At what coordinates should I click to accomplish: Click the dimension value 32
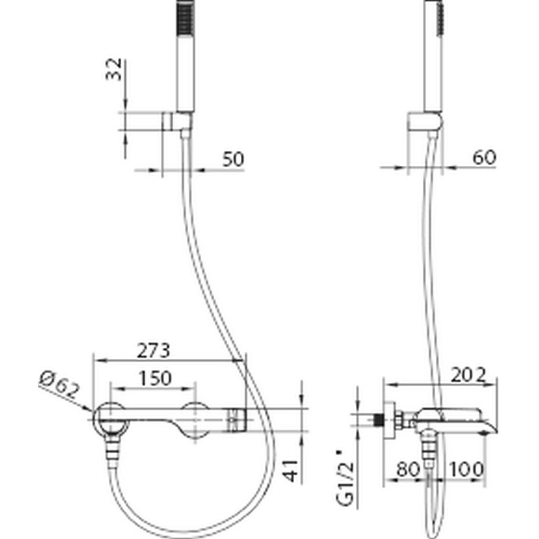[114, 70]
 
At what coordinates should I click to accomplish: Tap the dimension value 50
[233, 159]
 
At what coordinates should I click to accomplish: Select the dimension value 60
[484, 158]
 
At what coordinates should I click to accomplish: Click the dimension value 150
[155, 378]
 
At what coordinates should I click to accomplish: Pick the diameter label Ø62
[59, 385]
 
